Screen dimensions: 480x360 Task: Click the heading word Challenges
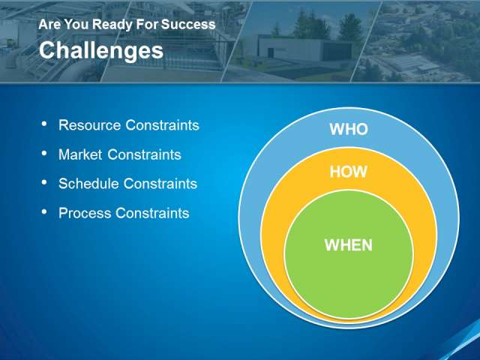[101, 51]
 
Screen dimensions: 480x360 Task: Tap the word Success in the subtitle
[188, 25]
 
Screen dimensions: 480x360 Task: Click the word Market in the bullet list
[80, 154]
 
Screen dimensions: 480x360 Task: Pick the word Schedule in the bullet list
[88, 184]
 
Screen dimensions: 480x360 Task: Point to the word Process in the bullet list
[85, 213]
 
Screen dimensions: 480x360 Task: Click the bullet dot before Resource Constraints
[44, 124]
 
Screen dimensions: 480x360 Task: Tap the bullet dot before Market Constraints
[44, 153]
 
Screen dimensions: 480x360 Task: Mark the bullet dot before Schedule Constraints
[44, 182]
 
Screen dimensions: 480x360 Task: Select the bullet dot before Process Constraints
[44, 211]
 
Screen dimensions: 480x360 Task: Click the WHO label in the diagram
[349, 129]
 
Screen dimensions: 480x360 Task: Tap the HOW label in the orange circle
[348, 172]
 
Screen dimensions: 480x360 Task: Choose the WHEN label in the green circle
[348, 245]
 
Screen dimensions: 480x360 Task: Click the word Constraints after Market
[144, 154]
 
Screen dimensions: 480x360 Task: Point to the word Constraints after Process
[152, 213]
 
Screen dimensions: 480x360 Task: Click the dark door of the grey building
[270, 52]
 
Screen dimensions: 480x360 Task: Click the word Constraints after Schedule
[160, 184]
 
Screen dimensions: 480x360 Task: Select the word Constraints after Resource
[162, 125]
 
